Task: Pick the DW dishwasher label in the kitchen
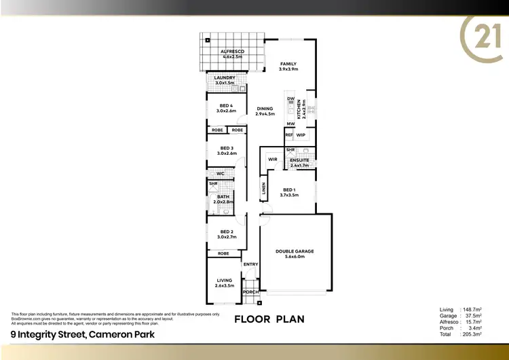(x=290, y=99)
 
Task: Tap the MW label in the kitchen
(x=290, y=124)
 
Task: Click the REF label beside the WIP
(x=289, y=135)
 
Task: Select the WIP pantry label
(x=301, y=135)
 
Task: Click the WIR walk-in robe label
(x=273, y=160)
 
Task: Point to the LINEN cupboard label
(x=263, y=188)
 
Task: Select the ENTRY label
(x=250, y=264)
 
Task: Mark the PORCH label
(x=251, y=292)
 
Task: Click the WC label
(x=221, y=174)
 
